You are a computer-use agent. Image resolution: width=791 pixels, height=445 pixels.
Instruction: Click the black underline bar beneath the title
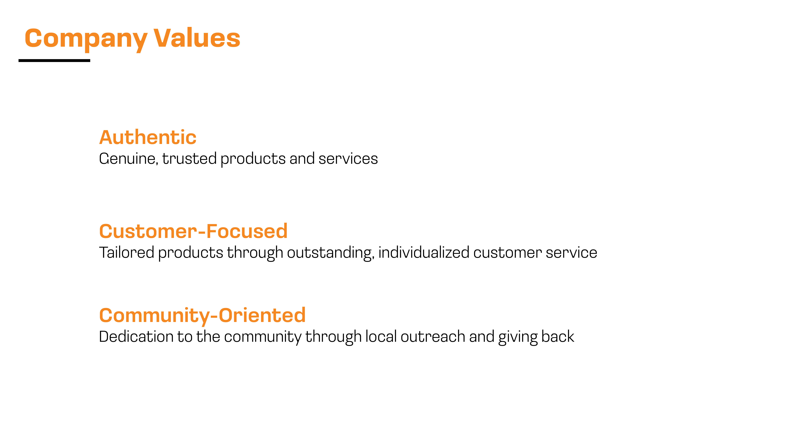[54, 61]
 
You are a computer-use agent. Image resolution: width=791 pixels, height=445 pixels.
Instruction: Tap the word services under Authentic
[348, 159]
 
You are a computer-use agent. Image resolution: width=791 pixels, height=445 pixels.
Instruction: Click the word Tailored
[127, 252]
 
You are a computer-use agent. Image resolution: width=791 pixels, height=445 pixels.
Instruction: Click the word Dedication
[136, 337]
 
